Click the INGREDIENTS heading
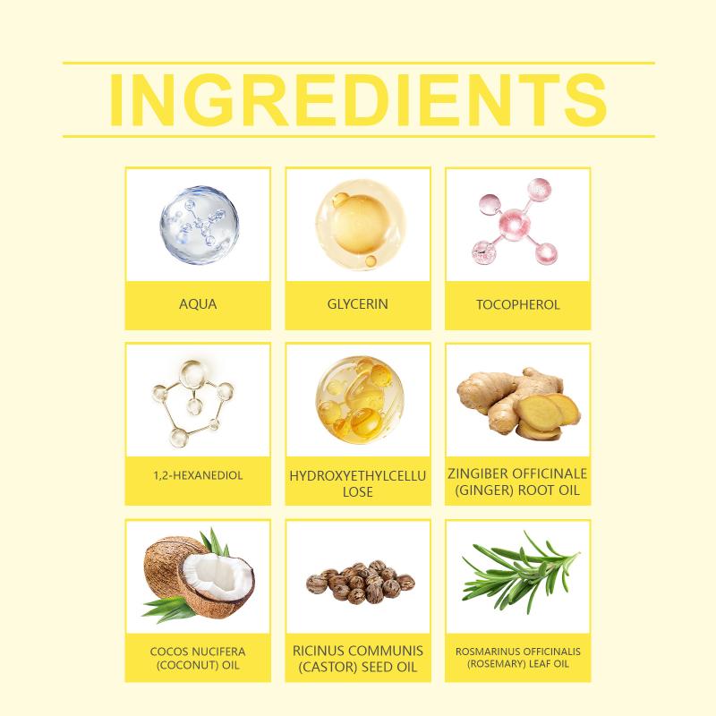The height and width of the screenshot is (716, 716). [358, 99]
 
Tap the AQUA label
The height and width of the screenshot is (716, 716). [198, 304]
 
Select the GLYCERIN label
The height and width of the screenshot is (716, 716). [357, 304]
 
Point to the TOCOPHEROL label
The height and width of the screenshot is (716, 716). [518, 304]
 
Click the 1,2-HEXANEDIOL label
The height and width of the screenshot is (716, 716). [198, 475]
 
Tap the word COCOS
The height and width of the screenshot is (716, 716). [166, 652]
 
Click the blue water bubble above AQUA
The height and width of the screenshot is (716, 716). [199, 225]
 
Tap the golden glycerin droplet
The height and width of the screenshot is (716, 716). [361, 225]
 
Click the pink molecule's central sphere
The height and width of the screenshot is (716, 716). [516, 225]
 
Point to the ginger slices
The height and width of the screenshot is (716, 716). [548, 416]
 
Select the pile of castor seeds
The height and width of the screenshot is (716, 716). [361, 582]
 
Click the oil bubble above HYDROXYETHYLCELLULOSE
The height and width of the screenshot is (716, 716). [360, 400]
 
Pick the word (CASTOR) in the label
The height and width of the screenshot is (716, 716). [328, 667]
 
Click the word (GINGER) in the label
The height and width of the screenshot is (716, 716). [478, 490]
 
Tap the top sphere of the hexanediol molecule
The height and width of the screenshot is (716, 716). [192, 372]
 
